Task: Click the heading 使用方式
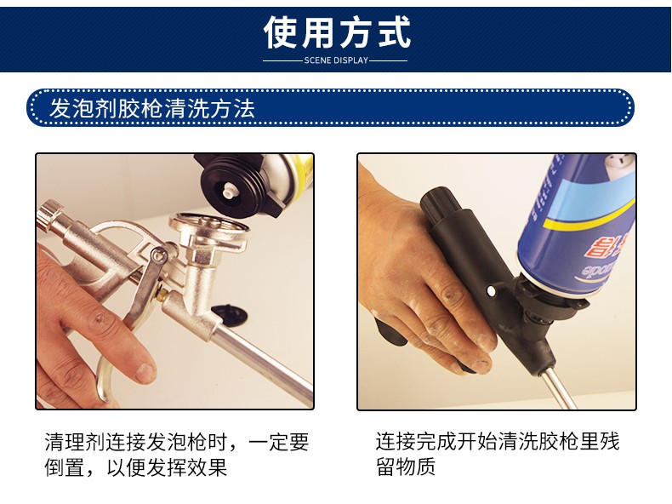tap(337, 32)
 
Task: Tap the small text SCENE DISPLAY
tap(336, 60)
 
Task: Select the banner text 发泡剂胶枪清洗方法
tap(152, 108)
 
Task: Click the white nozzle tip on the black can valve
tap(228, 189)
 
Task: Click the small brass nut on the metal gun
tap(163, 295)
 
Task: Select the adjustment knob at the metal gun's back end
tap(48, 215)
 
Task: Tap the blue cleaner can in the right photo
tap(577, 223)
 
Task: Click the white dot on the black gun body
tap(491, 292)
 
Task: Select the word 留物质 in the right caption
tap(406, 467)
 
